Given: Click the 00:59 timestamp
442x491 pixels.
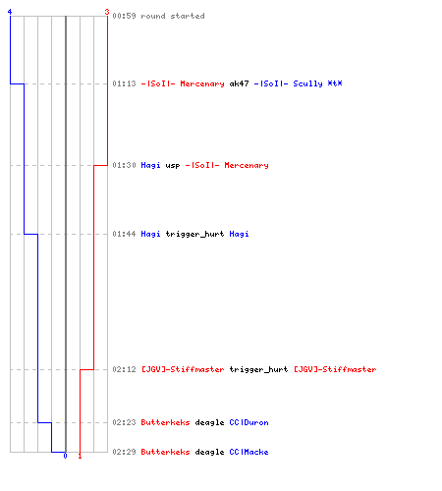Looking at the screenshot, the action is click(x=124, y=16).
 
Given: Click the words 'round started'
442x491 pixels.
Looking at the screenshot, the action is click(x=173, y=16).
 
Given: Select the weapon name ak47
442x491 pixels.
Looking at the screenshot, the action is click(x=239, y=83).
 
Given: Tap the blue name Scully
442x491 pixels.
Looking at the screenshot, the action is click(x=307, y=83).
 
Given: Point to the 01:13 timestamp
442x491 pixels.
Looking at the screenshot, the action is click(x=124, y=83).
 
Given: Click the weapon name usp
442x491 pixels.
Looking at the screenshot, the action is click(x=173, y=166).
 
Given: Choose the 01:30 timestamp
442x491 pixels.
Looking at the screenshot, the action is click(x=124, y=165).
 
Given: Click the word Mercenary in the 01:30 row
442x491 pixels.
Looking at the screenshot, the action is click(x=247, y=165).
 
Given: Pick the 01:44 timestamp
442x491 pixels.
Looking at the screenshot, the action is click(x=124, y=234).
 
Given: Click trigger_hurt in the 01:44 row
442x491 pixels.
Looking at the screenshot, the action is click(x=194, y=234).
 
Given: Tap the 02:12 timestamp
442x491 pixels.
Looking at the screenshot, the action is click(x=124, y=369).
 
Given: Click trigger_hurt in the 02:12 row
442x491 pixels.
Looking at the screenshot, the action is click(x=258, y=369).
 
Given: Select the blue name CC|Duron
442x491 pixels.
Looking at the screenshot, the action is click(x=249, y=422).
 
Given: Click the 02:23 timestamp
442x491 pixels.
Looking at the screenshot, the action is click(x=124, y=422).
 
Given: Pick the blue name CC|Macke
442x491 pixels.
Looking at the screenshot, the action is click(x=249, y=452).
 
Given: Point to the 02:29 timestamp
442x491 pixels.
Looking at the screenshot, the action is click(x=124, y=452).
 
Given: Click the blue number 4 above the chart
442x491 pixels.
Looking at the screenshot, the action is click(x=10, y=12).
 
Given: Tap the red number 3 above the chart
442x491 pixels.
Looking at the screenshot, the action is click(x=107, y=12).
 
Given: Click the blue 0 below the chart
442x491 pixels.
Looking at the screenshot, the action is click(x=65, y=456).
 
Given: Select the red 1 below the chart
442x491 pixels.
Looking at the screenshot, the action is click(x=80, y=456).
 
